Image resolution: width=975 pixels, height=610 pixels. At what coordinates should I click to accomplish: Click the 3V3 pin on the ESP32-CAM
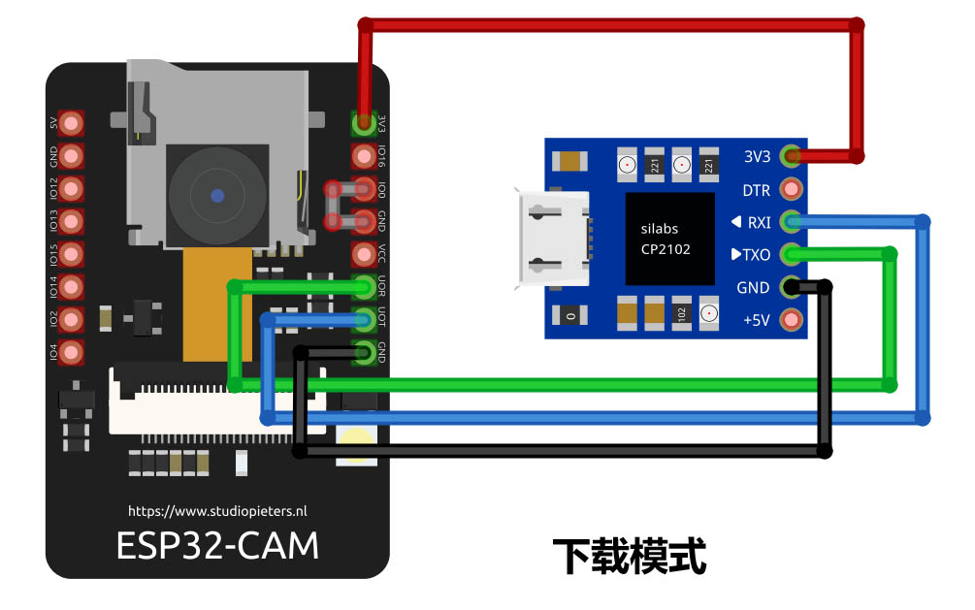click(x=364, y=123)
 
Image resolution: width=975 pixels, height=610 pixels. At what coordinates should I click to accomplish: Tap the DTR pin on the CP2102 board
click(x=792, y=189)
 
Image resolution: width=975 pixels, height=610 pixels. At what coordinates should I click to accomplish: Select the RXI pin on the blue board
click(x=792, y=222)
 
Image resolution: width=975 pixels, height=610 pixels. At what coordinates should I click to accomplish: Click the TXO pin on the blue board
click(x=792, y=254)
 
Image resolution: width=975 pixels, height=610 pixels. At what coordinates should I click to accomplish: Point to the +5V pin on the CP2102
click(x=792, y=319)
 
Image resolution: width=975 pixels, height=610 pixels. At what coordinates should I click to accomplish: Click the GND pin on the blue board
click(x=792, y=287)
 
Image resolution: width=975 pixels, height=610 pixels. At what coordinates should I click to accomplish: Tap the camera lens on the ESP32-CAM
click(x=216, y=195)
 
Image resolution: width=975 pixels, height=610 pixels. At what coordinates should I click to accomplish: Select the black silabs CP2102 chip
click(x=669, y=239)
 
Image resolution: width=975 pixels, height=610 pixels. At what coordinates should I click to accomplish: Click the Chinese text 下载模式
click(x=629, y=557)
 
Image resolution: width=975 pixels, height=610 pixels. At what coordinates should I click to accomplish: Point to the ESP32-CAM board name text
click(x=217, y=545)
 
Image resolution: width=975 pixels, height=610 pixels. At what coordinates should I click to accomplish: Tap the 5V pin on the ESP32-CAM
click(x=71, y=123)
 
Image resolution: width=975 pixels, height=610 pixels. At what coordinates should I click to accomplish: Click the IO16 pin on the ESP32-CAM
click(x=364, y=155)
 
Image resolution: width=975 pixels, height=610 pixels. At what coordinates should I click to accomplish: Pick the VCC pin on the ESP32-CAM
click(x=364, y=254)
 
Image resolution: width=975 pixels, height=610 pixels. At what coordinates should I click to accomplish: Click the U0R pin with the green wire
click(x=364, y=287)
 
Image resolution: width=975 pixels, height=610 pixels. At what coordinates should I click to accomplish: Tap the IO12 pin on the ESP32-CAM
click(x=71, y=188)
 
